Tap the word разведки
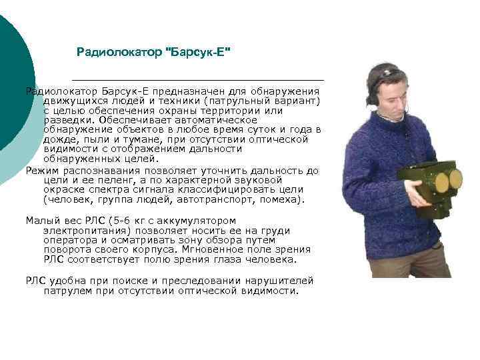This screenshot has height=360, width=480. pos(67,120)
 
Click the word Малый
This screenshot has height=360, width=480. pos(41,220)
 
